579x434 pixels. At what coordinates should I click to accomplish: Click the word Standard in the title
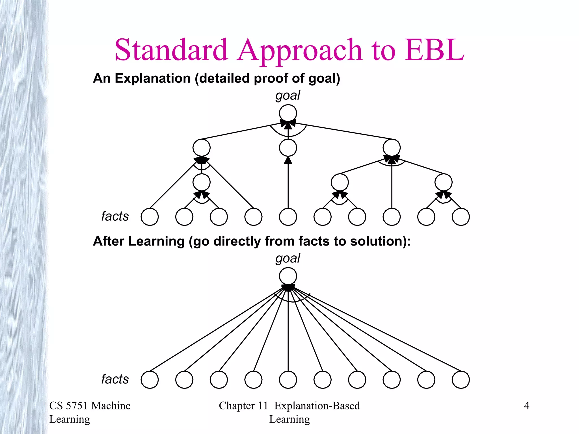[x=171, y=50]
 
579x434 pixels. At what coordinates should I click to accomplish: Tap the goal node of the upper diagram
[x=288, y=113]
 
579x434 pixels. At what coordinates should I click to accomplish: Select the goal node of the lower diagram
[x=288, y=276]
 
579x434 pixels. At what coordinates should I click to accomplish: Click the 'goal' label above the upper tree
[x=288, y=96]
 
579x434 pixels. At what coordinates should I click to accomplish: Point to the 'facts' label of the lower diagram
[x=115, y=379]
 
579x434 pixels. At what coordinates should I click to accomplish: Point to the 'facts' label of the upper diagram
[x=115, y=216]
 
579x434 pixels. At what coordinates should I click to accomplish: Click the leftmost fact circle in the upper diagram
[x=150, y=217]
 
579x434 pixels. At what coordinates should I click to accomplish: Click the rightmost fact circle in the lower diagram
[x=461, y=380]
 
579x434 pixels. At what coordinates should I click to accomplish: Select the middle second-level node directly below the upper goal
[x=288, y=148]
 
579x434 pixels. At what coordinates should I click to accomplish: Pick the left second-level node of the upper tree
[x=202, y=148]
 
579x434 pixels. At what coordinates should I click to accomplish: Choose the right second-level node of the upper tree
[x=392, y=148]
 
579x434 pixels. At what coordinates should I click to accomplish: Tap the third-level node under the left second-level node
[x=202, y=182]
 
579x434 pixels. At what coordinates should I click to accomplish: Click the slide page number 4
[x=526, y=406]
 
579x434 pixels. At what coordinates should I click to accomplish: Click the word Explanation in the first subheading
[x=153, y=78]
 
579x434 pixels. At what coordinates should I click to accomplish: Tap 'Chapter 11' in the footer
[x=243, y=406]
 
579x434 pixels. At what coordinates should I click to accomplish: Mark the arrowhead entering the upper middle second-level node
[x=288, y=160]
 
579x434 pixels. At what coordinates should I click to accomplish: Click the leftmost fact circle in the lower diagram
[x=150, y=380]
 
